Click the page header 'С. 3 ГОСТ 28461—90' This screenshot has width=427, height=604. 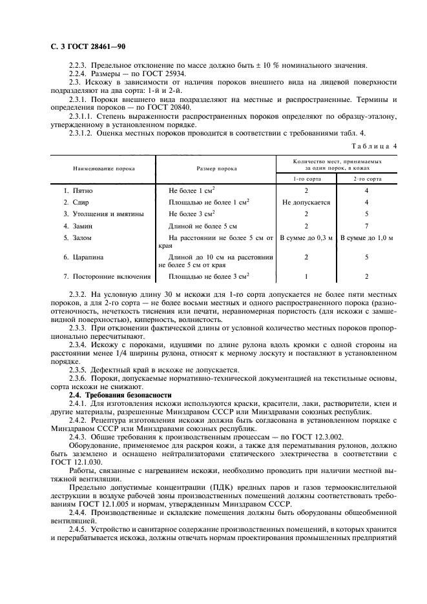88,47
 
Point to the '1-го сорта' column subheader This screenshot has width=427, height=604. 306,177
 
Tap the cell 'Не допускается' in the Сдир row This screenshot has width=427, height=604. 306,202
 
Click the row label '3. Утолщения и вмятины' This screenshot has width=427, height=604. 103,214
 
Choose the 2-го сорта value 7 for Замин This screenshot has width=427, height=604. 366,225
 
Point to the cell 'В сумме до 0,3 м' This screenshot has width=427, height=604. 306,237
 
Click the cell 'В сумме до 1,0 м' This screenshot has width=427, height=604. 366,237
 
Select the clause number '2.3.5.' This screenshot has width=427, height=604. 80,370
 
